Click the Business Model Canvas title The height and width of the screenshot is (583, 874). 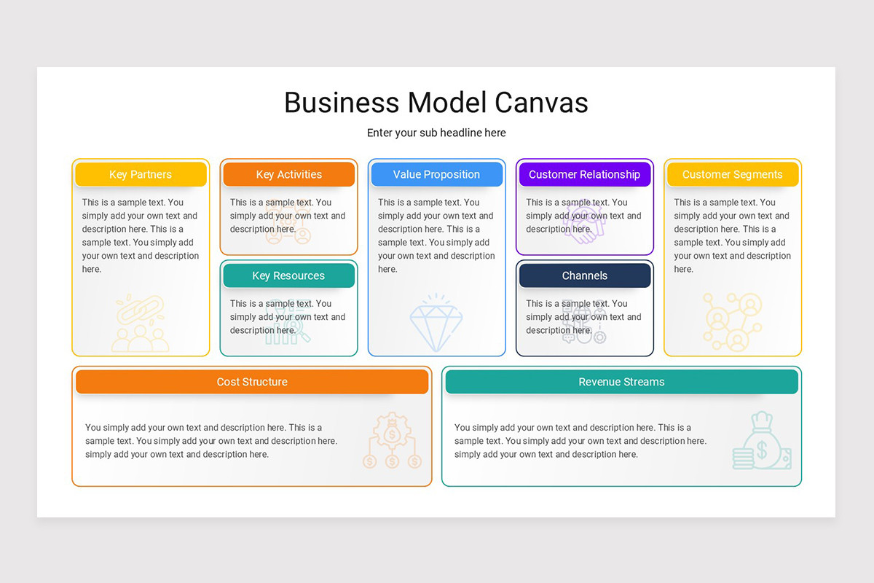tap(436, 103)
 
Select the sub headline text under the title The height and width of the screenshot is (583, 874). tap(436, 133)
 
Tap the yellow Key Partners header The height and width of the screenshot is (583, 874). tap(141, 175)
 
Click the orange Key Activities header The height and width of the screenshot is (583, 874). tap(288, 175)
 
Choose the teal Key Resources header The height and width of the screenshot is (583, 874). tap(288, 275)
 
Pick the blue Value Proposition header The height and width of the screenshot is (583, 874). tap(436, 175)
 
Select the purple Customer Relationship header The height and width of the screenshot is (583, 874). tap(584, 175)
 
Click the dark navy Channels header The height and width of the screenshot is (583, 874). tap(584, 275)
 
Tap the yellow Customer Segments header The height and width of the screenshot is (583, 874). tap(732, 175)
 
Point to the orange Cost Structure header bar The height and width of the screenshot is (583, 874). tap(252, 382)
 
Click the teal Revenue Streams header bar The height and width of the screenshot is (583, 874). tap(621, 382)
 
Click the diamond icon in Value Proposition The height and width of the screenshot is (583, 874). tap(436, 323)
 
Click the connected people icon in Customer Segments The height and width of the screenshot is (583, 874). tap(733, 321)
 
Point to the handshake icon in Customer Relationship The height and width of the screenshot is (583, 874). tap(584, 221)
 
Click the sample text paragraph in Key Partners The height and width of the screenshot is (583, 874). tap(140, 235)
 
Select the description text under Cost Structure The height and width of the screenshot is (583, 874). tap(211, 441)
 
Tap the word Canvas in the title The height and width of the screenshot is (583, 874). tap(541, 103)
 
